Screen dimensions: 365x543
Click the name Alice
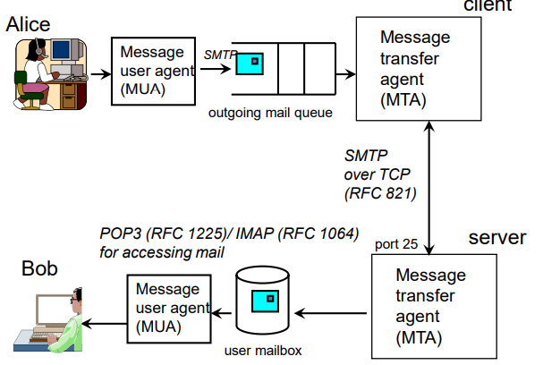tap(29, 24)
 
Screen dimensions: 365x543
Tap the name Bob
tap(39, 268)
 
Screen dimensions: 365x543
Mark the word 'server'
tap(498, 238)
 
